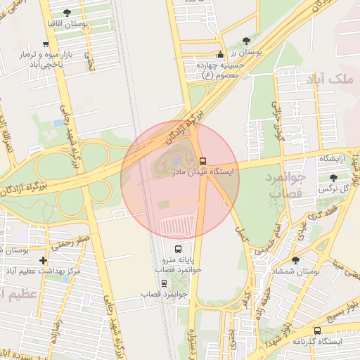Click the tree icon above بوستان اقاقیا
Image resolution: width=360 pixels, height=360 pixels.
[67, 13]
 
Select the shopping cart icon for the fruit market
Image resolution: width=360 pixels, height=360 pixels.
[46, 44]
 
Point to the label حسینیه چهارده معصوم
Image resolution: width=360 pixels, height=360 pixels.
[221, 69]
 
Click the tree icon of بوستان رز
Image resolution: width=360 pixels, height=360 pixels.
[245, 41]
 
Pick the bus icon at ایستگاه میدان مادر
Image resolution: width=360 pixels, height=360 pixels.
[202, 161]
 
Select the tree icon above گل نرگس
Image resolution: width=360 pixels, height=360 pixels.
[333, 179]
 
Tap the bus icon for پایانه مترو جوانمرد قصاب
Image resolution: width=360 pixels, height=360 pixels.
[178, 249]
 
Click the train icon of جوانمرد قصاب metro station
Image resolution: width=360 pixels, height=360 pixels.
[165, 283]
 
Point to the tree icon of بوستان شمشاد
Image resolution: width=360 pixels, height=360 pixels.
[295, 260]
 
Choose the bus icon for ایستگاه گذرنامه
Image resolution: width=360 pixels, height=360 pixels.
[318, 330]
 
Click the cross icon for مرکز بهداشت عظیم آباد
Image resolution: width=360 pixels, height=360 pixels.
[44, 260]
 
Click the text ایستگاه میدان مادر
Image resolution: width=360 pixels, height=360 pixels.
[205, 171]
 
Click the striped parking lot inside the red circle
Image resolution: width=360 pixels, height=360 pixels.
[179, 225]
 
